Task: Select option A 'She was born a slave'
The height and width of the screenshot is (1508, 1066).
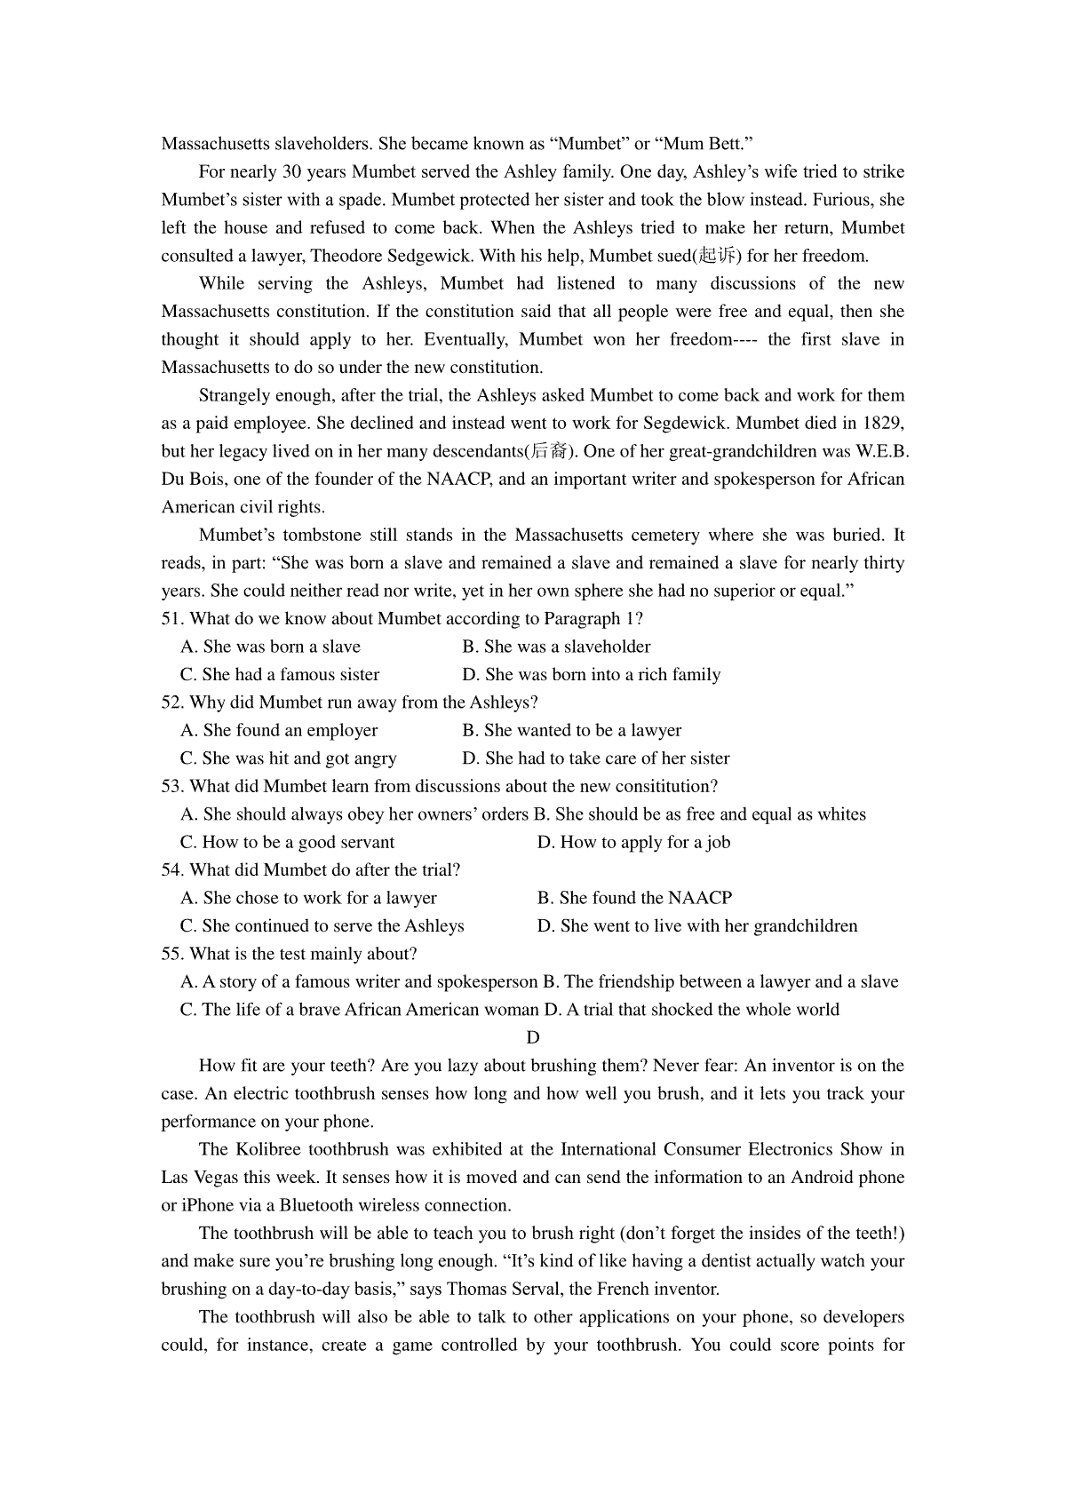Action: [x=270, y=647]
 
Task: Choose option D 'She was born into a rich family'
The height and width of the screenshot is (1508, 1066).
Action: [x=592, y=675]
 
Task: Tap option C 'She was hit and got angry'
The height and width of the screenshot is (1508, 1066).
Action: [x=288, y=758]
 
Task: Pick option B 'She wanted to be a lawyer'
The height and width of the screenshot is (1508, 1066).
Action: [x=572, y=730]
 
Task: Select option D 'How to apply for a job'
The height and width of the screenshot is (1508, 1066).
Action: [x=633, y=842]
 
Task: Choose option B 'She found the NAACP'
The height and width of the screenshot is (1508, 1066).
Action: [x=634, y=898]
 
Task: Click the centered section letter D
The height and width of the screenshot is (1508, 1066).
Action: [x=533, y=1037]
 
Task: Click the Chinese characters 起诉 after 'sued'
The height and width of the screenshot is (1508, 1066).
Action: [x=718, y=257]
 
